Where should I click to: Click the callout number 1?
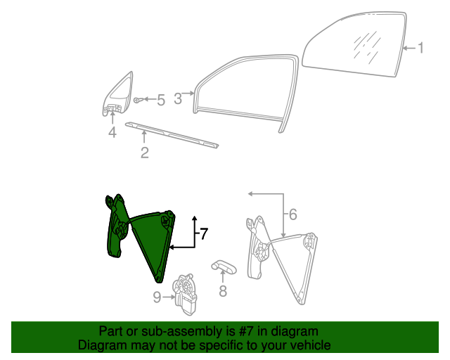(420, 48)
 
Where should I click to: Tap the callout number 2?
(145, 153)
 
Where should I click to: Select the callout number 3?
(178, 98)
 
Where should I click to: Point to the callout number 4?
(112, 132)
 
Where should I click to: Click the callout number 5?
(161, 100)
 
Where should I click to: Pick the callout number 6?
(292, 214)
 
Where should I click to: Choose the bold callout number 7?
(204, 233)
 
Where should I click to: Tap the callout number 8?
(223, 290)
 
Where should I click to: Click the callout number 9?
(157, 297)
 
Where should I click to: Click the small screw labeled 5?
(138, 100)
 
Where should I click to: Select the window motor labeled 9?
(185, 294)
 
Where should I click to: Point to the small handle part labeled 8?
(224, 266)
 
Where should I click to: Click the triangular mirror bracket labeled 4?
(117, 94)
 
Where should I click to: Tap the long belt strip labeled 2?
(172, 135)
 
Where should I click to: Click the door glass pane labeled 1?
(354, 44)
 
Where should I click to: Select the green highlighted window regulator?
(141, 237)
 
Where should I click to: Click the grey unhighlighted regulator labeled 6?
(282, 260)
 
